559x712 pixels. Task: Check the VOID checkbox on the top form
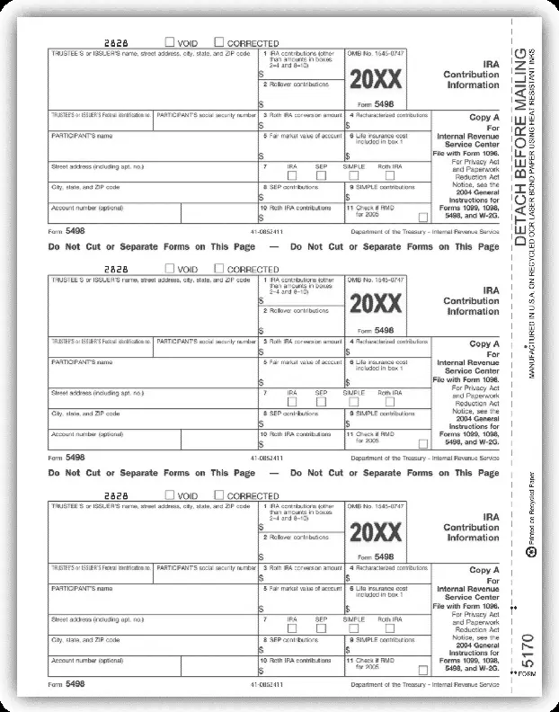click(170, 41)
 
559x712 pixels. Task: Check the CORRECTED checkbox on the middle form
click(219, 268)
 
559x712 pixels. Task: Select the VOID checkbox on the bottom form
click(170, 495)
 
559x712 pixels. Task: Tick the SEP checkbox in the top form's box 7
click(321, 174)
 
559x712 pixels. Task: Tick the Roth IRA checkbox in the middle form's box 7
click(389, 402)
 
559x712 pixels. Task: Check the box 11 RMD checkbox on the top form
click(422, 217)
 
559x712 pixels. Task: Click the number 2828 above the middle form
click(119, 269)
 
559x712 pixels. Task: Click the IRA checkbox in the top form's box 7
click(292, 174)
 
